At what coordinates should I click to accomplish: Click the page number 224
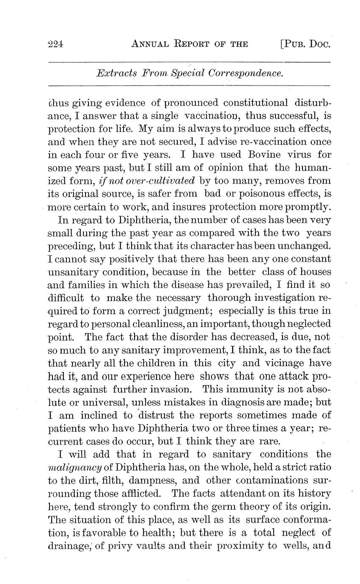coord(55,44)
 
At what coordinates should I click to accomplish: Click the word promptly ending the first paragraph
coord(309,207)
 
